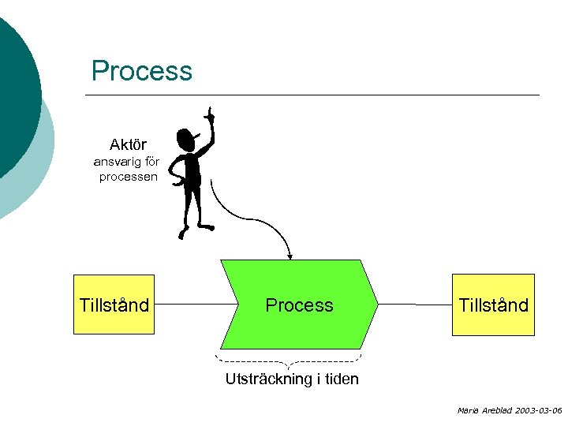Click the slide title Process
pyautogui.click(x=142, y=71)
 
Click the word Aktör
pyautogui.click(x=128, y=144)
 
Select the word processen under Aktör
pyautogui.click(x=128, y=176)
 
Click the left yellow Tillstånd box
pyautogui.click(x=114, y=305)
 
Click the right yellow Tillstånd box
pyautogui.click(x=493, y=305)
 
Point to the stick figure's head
pyautogui.click(x=188, y=140)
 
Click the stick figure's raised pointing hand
pyautogui.click(x=210, y=115)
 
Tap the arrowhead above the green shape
pyautogui.click(x=290, y=256)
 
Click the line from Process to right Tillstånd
pyautogui.click(x=415, y=305)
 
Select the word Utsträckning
pyautogui.click(x=268, y=379)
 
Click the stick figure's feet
pyautogui.click(x=196, y=230)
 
